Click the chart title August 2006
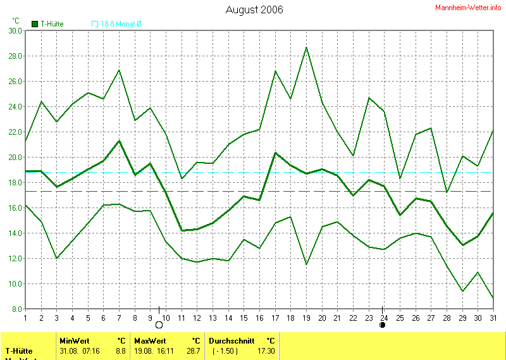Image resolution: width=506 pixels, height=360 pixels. pos(254,9)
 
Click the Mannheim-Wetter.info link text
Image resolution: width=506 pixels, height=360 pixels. pos(469,8)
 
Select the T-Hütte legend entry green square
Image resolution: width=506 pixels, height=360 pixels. pos(35,24)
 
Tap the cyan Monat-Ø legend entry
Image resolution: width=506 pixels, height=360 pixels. pos(117,24)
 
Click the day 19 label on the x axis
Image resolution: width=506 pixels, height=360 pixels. pos(306,318)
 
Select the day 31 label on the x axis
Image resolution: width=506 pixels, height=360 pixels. pos(493,318)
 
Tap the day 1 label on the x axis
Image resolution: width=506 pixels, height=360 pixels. pos(25,318)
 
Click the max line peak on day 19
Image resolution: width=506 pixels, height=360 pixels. pos(306,47)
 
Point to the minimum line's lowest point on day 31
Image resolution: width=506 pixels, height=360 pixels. pos(493,298)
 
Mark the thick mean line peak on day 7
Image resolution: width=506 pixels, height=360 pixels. pos(119,140)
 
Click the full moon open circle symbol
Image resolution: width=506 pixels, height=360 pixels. pos(159,325)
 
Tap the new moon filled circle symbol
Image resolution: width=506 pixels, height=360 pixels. pos(382,325)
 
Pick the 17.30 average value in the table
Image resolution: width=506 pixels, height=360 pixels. pos(266,351)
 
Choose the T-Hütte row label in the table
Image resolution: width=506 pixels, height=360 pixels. pos(20,351)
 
